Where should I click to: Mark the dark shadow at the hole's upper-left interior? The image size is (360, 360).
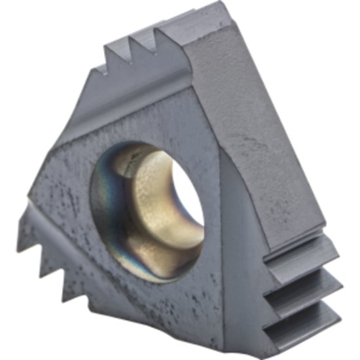(128, 160)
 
